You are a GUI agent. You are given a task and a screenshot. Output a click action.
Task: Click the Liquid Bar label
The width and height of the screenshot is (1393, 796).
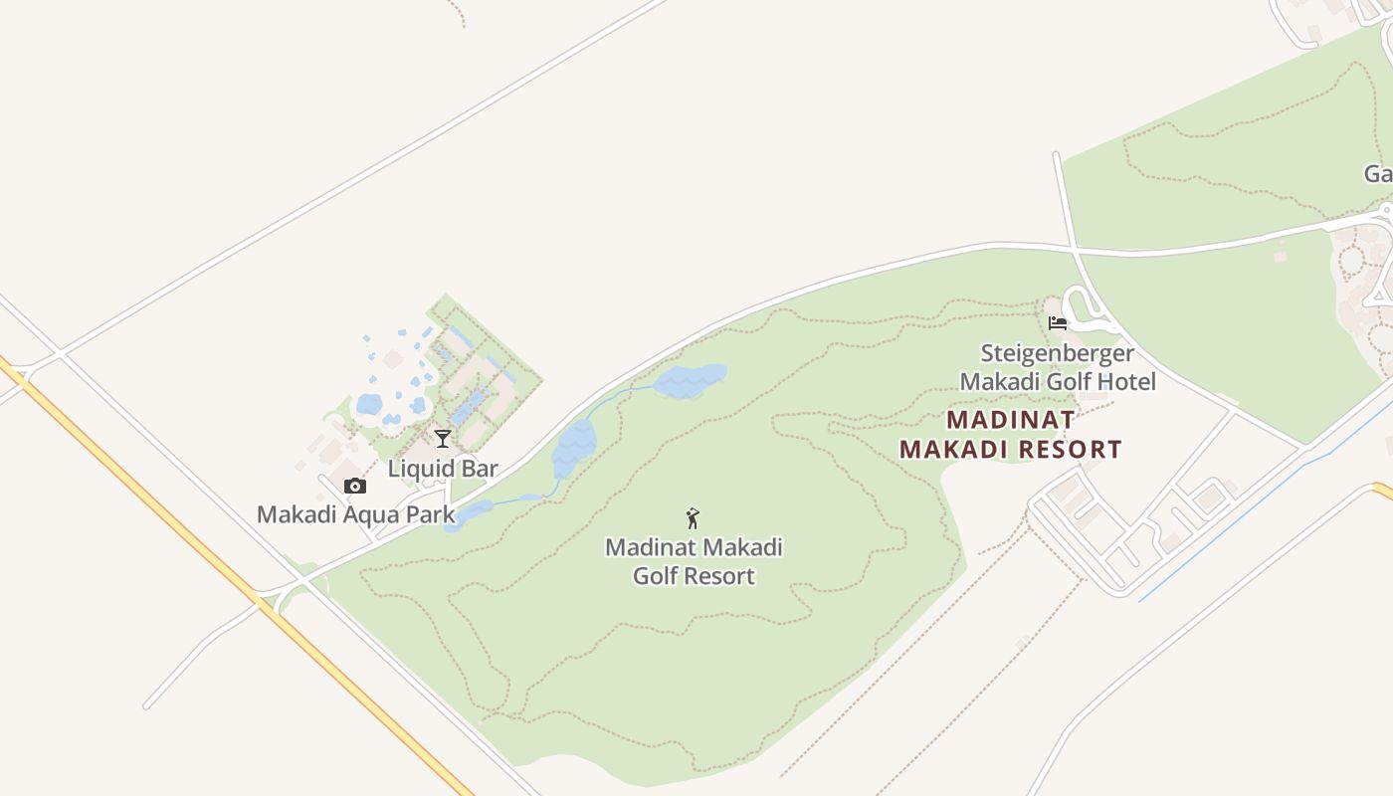(x=443, y=469)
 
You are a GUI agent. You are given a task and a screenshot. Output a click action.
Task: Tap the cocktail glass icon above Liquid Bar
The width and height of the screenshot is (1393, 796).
(x=443, y=439)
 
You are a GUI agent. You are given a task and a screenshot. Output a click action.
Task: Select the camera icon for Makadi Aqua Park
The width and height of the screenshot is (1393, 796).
(x=355, y=487)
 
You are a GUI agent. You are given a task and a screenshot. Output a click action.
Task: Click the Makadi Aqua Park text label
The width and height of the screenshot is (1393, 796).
(x=355, y=514)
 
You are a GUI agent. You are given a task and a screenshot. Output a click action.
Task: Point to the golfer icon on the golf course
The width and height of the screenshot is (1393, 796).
(x=694, y=518)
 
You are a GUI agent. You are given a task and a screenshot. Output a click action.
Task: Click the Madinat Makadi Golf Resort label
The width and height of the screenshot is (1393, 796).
(x=694, y=561)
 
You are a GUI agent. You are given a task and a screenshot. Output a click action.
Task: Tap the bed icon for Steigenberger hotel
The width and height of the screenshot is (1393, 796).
(x=1058, y=322)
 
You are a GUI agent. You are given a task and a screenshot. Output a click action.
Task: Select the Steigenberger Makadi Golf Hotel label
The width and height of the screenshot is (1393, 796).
(x=1058, y=367)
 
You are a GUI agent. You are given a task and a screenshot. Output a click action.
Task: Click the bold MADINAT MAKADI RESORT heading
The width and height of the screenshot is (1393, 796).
(x=1011, y=435)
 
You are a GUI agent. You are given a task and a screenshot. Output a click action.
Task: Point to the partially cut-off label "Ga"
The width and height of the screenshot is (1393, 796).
(x=1378, y=174)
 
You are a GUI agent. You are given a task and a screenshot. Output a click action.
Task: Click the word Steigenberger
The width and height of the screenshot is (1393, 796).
(x=1058, y=353)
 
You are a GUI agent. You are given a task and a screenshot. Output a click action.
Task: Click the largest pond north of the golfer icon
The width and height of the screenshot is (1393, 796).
(x=689, y=380)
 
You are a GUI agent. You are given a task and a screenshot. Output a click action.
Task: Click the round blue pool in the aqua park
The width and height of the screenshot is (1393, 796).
(x=369, y=404)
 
